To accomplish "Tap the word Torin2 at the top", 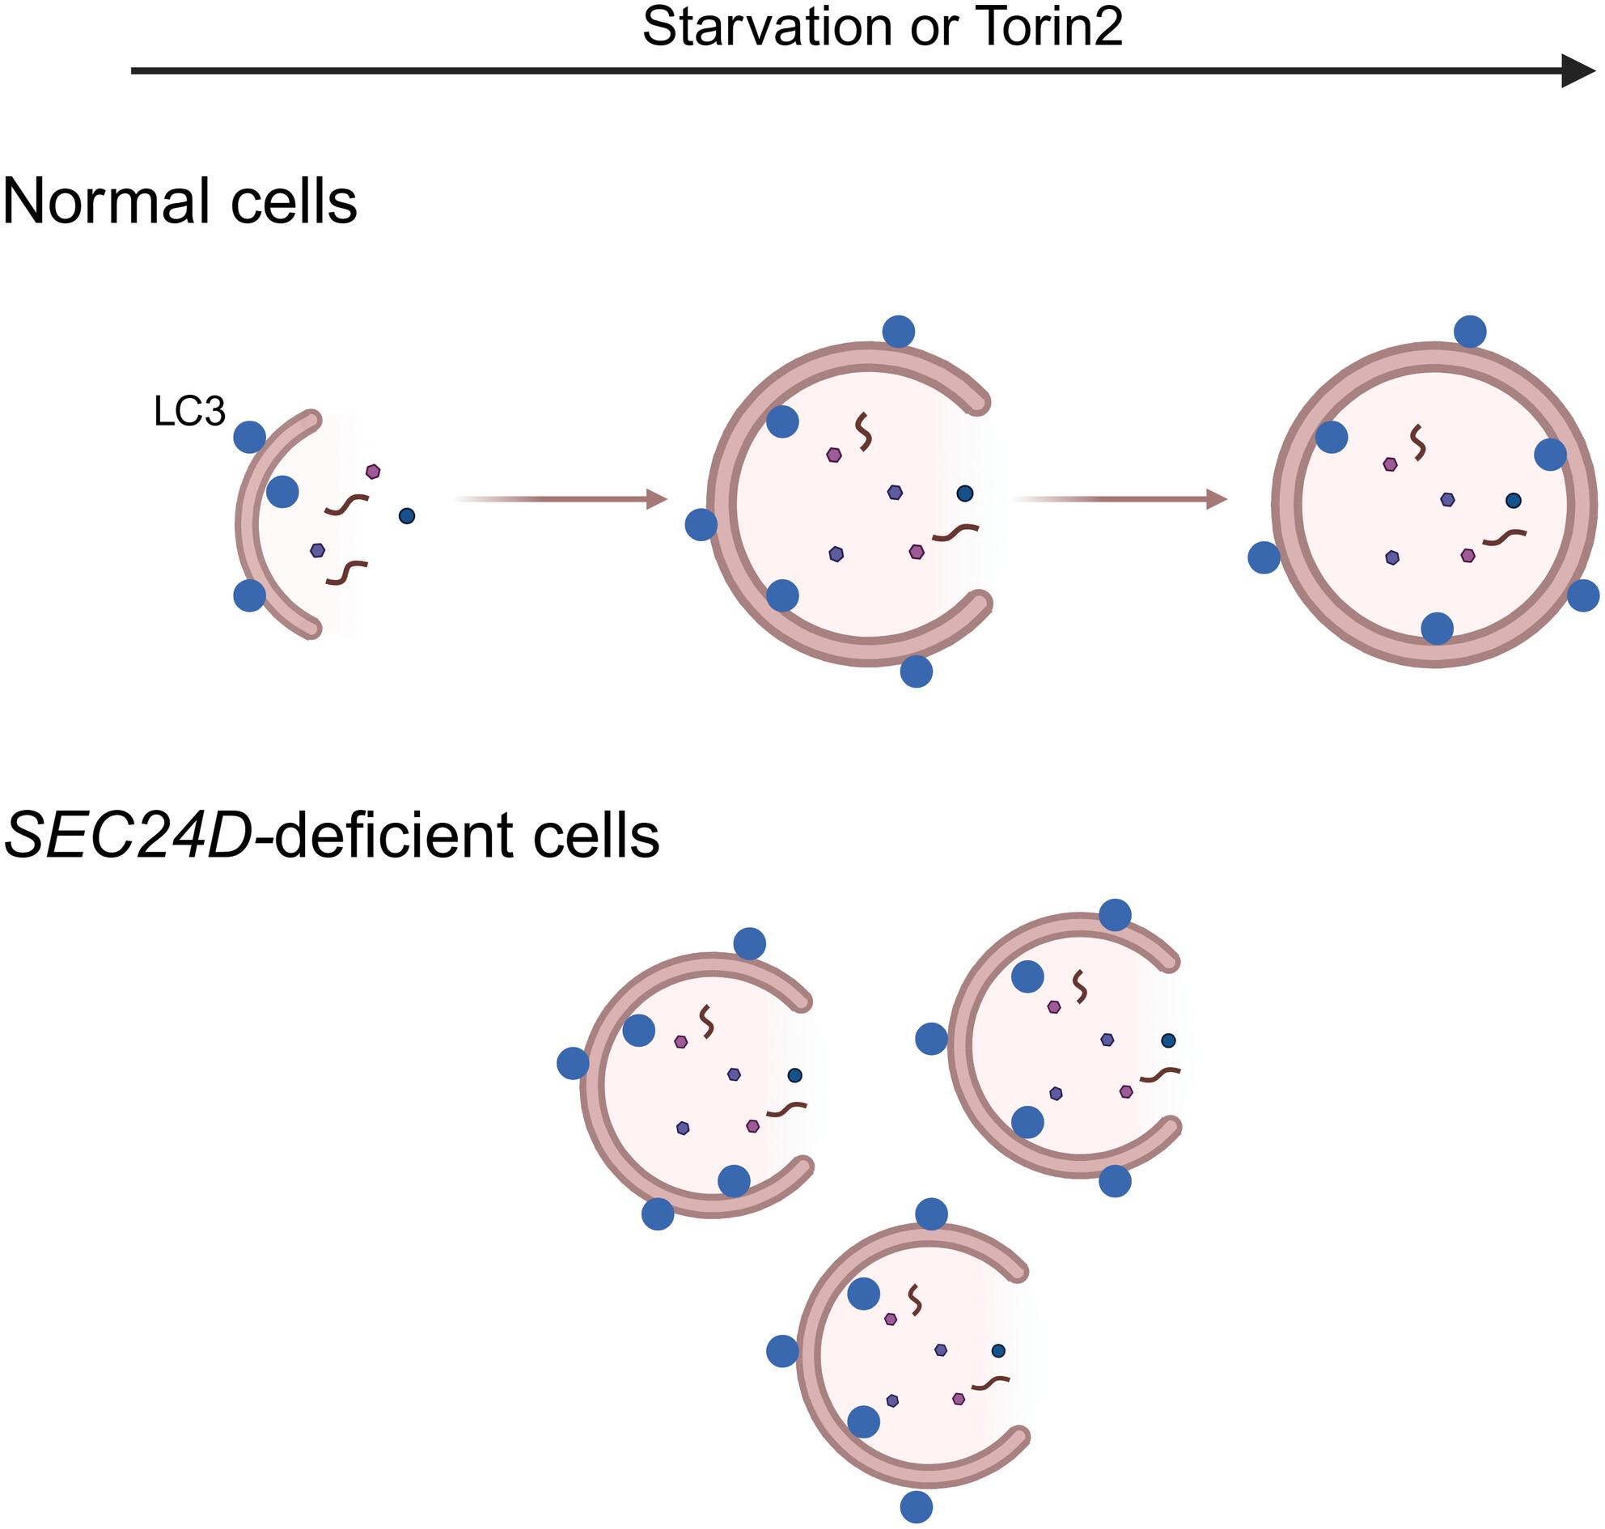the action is [1048, 26].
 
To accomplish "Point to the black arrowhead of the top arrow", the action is [1577, 71].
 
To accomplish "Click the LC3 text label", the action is [189, 413].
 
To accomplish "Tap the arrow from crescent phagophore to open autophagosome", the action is [561, 499].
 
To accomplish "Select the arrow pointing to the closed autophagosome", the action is [1120, 499].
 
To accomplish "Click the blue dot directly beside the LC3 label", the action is [249, 437].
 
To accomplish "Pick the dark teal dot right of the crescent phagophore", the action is [407, 515].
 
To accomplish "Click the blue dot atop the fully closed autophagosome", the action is [1470, 332].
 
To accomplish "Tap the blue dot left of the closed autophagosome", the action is [1264, 557].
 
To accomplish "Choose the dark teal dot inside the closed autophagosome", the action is [1514, 500].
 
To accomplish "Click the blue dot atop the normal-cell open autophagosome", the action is [898, 332].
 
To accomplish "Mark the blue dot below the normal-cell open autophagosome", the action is [917, 671].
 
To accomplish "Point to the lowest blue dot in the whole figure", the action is [917, 1507].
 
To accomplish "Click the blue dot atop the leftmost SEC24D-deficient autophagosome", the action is [750, 944].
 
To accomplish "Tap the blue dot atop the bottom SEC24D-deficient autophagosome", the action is [932, 1213].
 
